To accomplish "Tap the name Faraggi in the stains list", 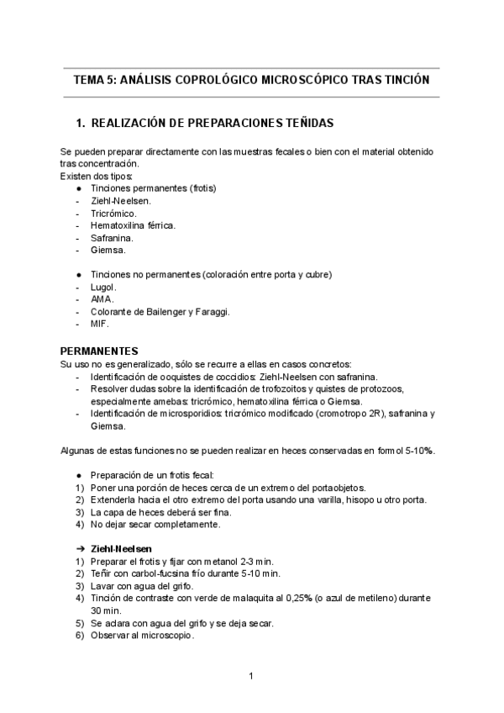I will pos(211,311).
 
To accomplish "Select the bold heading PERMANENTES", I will pos(100,349).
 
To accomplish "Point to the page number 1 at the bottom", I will pos(251,675).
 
